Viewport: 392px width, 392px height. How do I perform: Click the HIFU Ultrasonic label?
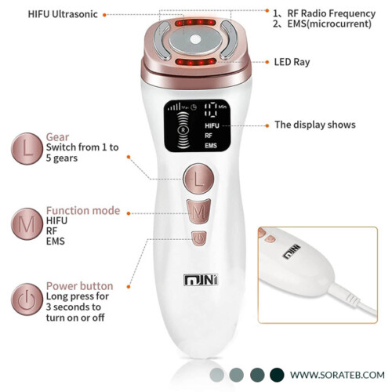(63, 14)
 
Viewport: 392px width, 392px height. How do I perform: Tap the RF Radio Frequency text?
(332, 13)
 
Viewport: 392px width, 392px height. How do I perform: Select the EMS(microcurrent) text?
(329, 24)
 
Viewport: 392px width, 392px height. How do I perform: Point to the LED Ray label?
(292, 62)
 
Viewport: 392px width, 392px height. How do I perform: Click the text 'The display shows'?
(315, 125)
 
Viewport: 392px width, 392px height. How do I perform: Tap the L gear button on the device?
(198, 179)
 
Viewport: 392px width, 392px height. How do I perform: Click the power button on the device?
(199, 238)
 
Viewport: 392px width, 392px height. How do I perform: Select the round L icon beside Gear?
(27, 149)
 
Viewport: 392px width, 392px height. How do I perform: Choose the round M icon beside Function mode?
(27, 224)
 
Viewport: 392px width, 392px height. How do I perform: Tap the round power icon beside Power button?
(27, 299)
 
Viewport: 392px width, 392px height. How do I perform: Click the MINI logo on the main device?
(201, 280)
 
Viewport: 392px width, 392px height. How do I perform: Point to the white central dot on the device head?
(195, 40)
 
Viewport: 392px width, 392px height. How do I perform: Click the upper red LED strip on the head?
(195, 23)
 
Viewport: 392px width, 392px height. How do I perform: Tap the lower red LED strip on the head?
(196, 62)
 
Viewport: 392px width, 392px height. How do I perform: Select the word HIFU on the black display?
(212, 126)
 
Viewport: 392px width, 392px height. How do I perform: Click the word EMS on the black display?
(211, 145)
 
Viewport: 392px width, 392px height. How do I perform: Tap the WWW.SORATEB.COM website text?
(337, 375)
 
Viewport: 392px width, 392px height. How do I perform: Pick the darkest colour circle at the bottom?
(277, 375)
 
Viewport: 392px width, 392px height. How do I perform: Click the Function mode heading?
(83, 210)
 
